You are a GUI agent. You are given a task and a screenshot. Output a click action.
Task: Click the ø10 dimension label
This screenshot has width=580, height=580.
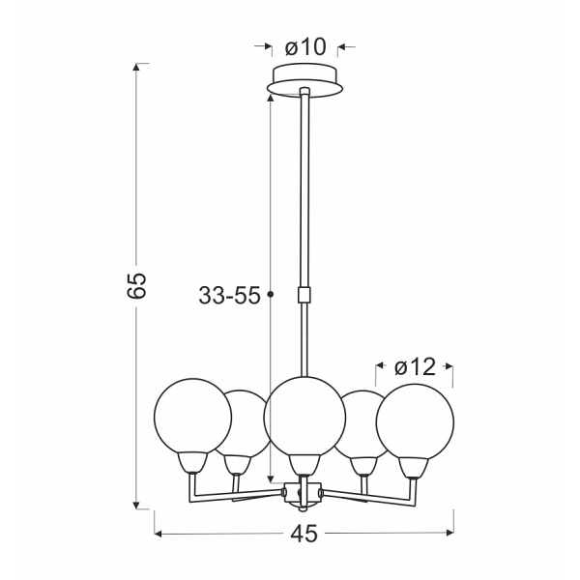point(306,45)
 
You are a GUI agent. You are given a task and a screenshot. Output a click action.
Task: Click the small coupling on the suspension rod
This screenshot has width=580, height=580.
point(305,294)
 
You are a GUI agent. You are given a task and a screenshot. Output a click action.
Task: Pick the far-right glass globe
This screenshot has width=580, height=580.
point(416,418)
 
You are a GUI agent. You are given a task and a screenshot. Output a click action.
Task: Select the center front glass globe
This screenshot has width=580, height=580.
point(304,415)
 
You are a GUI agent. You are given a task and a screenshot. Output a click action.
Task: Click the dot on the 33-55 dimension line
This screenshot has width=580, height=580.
point(271,294)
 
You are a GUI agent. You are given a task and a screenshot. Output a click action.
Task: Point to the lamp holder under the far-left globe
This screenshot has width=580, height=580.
point(193,465)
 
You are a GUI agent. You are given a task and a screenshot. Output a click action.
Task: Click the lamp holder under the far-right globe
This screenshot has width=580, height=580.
point(415,467)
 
